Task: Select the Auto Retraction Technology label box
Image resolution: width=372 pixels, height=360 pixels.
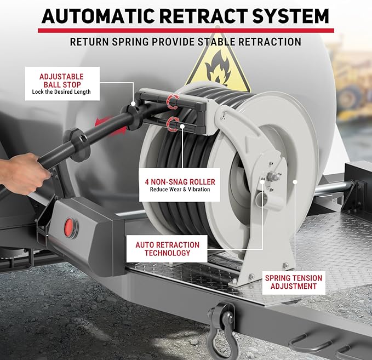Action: pos(167,249)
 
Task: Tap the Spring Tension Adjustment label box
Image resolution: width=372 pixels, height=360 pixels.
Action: pos(294,282)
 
